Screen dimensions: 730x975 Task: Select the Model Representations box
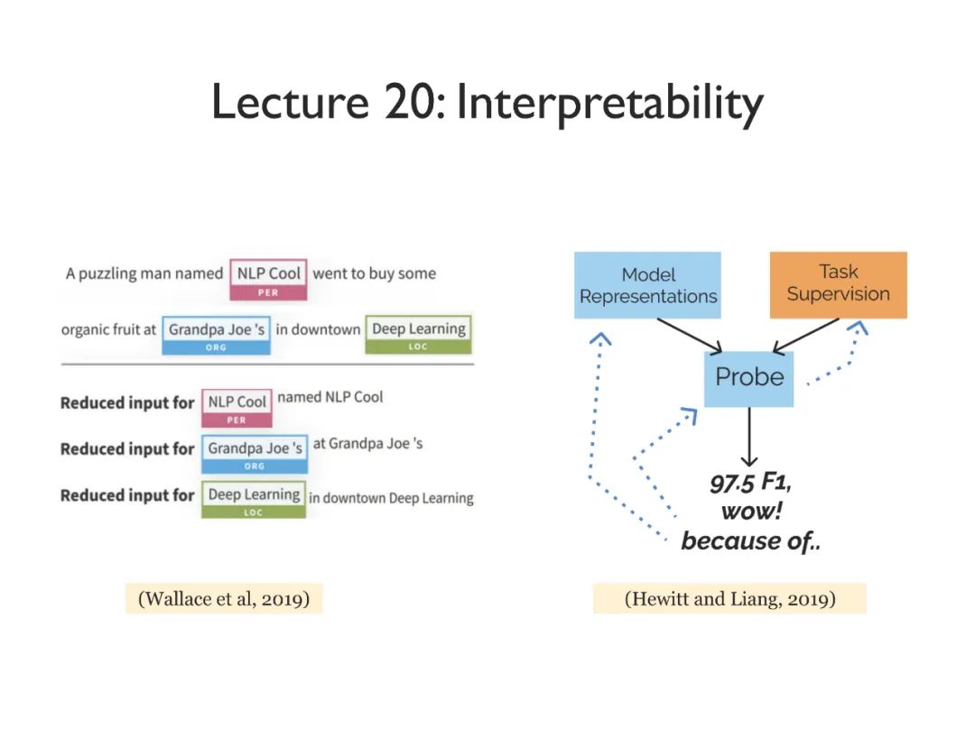(x=647, y=285)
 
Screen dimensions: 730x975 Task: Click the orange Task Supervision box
(x=838, y=284)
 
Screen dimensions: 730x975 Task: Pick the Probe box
(x=748, y=377)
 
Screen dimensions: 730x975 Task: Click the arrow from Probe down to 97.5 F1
(x=748, y=437)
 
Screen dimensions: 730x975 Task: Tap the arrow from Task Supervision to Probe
(x=806, y=334)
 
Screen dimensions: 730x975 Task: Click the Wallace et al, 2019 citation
(x=223, y=598)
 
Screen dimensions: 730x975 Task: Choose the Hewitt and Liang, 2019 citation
(x=729, y=598)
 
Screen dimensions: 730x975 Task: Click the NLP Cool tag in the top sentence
(x=268, y=280)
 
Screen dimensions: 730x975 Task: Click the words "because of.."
(x=750, y=541)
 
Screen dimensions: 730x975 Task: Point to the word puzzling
(x=113, y=273)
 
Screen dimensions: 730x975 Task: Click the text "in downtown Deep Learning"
(x=391, y=498)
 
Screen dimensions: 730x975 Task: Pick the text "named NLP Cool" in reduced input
(x=330, y=397)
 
